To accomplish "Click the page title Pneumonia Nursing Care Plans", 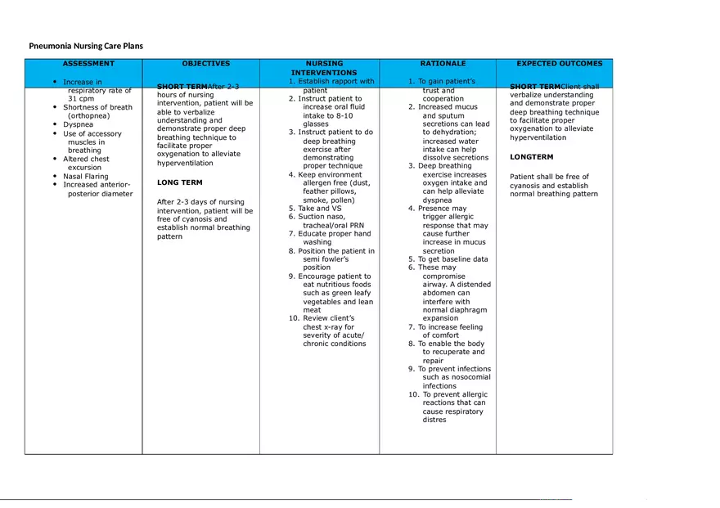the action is click(x=86, y=46).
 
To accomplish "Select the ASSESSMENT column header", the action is click(x=88, y=64).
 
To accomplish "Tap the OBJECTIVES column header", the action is click(x=206, y=64).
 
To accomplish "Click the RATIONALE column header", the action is click(x=443, y=64).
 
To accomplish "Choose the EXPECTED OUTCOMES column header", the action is click(x=559, y=64).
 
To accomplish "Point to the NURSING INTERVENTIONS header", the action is click(x=324, y=68).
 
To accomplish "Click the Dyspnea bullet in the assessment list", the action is click(x=79, y=124).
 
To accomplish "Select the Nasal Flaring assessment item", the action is click(x=85, y=176).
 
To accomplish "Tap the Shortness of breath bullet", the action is click(x=97, y=107).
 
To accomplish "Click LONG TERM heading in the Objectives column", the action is click(x=179, y=182).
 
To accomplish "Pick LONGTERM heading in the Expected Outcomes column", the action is click(x=531, y=157).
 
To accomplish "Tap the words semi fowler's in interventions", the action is click(x=326, y=259).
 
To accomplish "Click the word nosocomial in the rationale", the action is click(x=469, y=377).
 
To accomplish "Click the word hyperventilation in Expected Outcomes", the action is click(x=538, y=137).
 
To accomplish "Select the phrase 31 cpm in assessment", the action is click(x=81, y=99).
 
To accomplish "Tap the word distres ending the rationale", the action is click(x=434, y=420).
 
